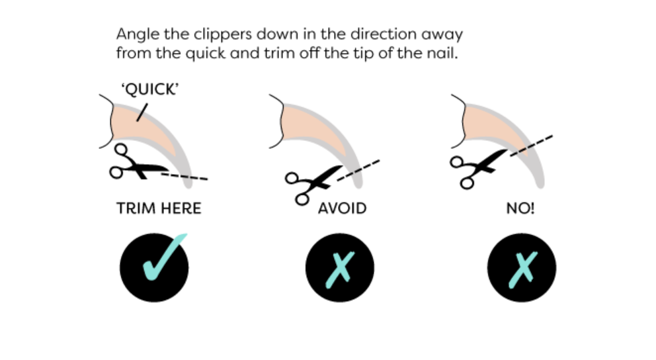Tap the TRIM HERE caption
coord(159,209)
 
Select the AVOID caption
coord(342,209)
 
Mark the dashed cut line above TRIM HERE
coord(185,176)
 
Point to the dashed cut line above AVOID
coord(361,167)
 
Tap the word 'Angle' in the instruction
coord(134,34)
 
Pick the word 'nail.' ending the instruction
coord(440,54)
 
